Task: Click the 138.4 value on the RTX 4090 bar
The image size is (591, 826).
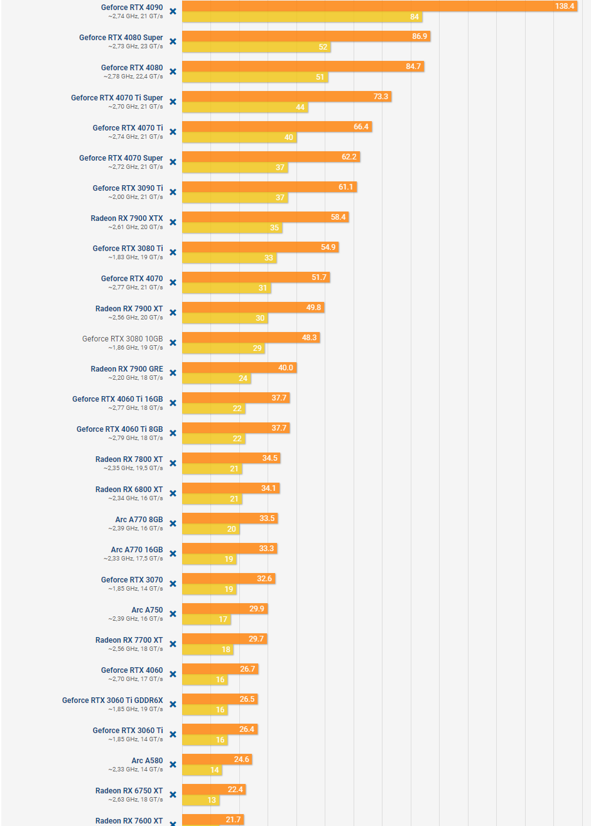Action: tap(564, 6)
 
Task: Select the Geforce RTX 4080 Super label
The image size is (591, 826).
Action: tap(121, 38)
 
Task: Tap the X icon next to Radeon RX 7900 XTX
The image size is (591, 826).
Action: tap(173, 222)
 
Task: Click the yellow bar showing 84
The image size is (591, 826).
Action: tap(301, 17)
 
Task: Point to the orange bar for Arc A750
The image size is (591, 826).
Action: tap(224, 609)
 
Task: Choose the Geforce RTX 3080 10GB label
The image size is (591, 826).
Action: tap(122, 339)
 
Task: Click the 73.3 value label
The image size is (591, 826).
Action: tap(381, 97)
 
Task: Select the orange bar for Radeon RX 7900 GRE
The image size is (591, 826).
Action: tap(239, 368)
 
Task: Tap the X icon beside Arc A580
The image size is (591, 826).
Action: tap(173, 764)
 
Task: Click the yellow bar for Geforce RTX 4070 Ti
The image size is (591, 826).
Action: tap(239, 137)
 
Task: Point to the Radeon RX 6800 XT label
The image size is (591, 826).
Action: tap(129, 490)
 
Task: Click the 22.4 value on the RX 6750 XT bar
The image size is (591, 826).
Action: tap(235, 790)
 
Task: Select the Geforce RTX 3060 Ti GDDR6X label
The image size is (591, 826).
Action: tap(112, 700)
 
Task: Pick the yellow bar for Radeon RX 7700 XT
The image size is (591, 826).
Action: tap(207, 650)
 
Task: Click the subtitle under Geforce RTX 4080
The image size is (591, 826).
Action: tap(133, 77)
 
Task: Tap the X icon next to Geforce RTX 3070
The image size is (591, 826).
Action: tap(173, 584)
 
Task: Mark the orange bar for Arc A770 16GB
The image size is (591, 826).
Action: tap(229, 549)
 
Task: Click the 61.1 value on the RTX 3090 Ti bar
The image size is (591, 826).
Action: tap(345, 187)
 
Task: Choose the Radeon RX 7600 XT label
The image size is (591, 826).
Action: tap(129, 820)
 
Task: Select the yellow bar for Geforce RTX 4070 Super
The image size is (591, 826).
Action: tap(234, 168)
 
